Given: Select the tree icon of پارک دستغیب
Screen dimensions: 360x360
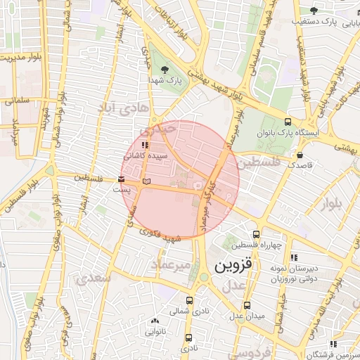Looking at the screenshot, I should (x=314, y=10).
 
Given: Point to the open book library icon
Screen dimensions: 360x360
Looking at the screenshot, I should (x=146, y=182).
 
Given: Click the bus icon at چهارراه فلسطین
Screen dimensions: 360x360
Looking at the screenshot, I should (x=256, y=234).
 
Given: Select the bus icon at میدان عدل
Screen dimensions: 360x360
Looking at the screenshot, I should (x=247, y=305).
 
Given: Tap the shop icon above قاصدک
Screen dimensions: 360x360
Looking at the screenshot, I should (x=301, y=155).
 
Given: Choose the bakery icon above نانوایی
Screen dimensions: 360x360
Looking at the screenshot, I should (x=155, y=320).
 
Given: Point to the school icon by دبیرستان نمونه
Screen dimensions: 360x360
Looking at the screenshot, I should (x=293, y=257).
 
